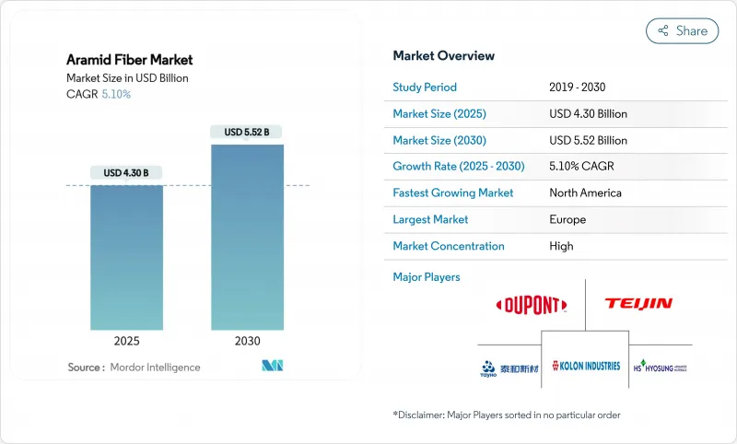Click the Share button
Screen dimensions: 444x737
tap(682, 30)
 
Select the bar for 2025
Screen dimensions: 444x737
tap(126, 257)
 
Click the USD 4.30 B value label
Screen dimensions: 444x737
tap(126, 172)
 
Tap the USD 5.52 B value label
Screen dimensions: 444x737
tap(247, 132)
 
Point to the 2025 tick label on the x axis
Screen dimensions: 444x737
tap(126, 341)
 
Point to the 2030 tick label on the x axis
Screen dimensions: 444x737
tap(247, 341)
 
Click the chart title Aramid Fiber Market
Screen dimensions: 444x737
tap(130, 60)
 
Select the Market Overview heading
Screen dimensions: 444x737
tap(443, 55)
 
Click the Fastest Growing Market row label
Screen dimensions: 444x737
tap(453, 193)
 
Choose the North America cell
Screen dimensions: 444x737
tap(585, 193)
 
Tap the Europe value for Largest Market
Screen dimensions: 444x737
tap(567, 219)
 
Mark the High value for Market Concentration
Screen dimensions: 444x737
tap(561, 246)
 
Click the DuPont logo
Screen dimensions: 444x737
tap(531, 305)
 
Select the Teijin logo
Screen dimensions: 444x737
tap(638, 303)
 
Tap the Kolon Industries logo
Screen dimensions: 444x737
tap(585, 366)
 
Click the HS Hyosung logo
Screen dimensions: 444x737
tap(660, 366)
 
